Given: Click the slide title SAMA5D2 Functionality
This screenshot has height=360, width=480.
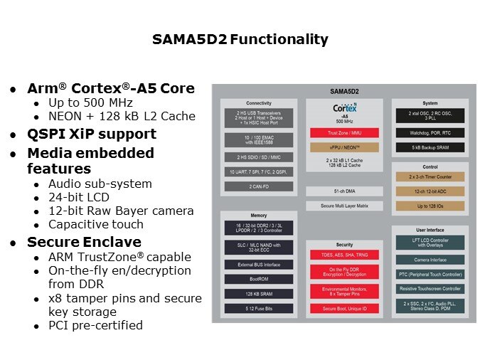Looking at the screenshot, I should (240, 40).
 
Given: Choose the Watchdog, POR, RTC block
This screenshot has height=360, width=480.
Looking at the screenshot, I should (430, 132).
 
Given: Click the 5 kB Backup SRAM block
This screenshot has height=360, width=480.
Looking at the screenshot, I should (430, 148).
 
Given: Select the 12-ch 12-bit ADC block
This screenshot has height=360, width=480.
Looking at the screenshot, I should (430, 191).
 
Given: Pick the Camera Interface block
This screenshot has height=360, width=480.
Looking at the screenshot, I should (430, 260).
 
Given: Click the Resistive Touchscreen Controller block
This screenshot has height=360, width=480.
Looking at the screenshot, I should (430, 289).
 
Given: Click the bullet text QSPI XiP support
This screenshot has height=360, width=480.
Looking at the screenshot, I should (91, 134).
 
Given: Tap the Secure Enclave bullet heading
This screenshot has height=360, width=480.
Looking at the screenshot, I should (84, 241).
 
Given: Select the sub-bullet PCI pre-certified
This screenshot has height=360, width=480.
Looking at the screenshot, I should (95, 325).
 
